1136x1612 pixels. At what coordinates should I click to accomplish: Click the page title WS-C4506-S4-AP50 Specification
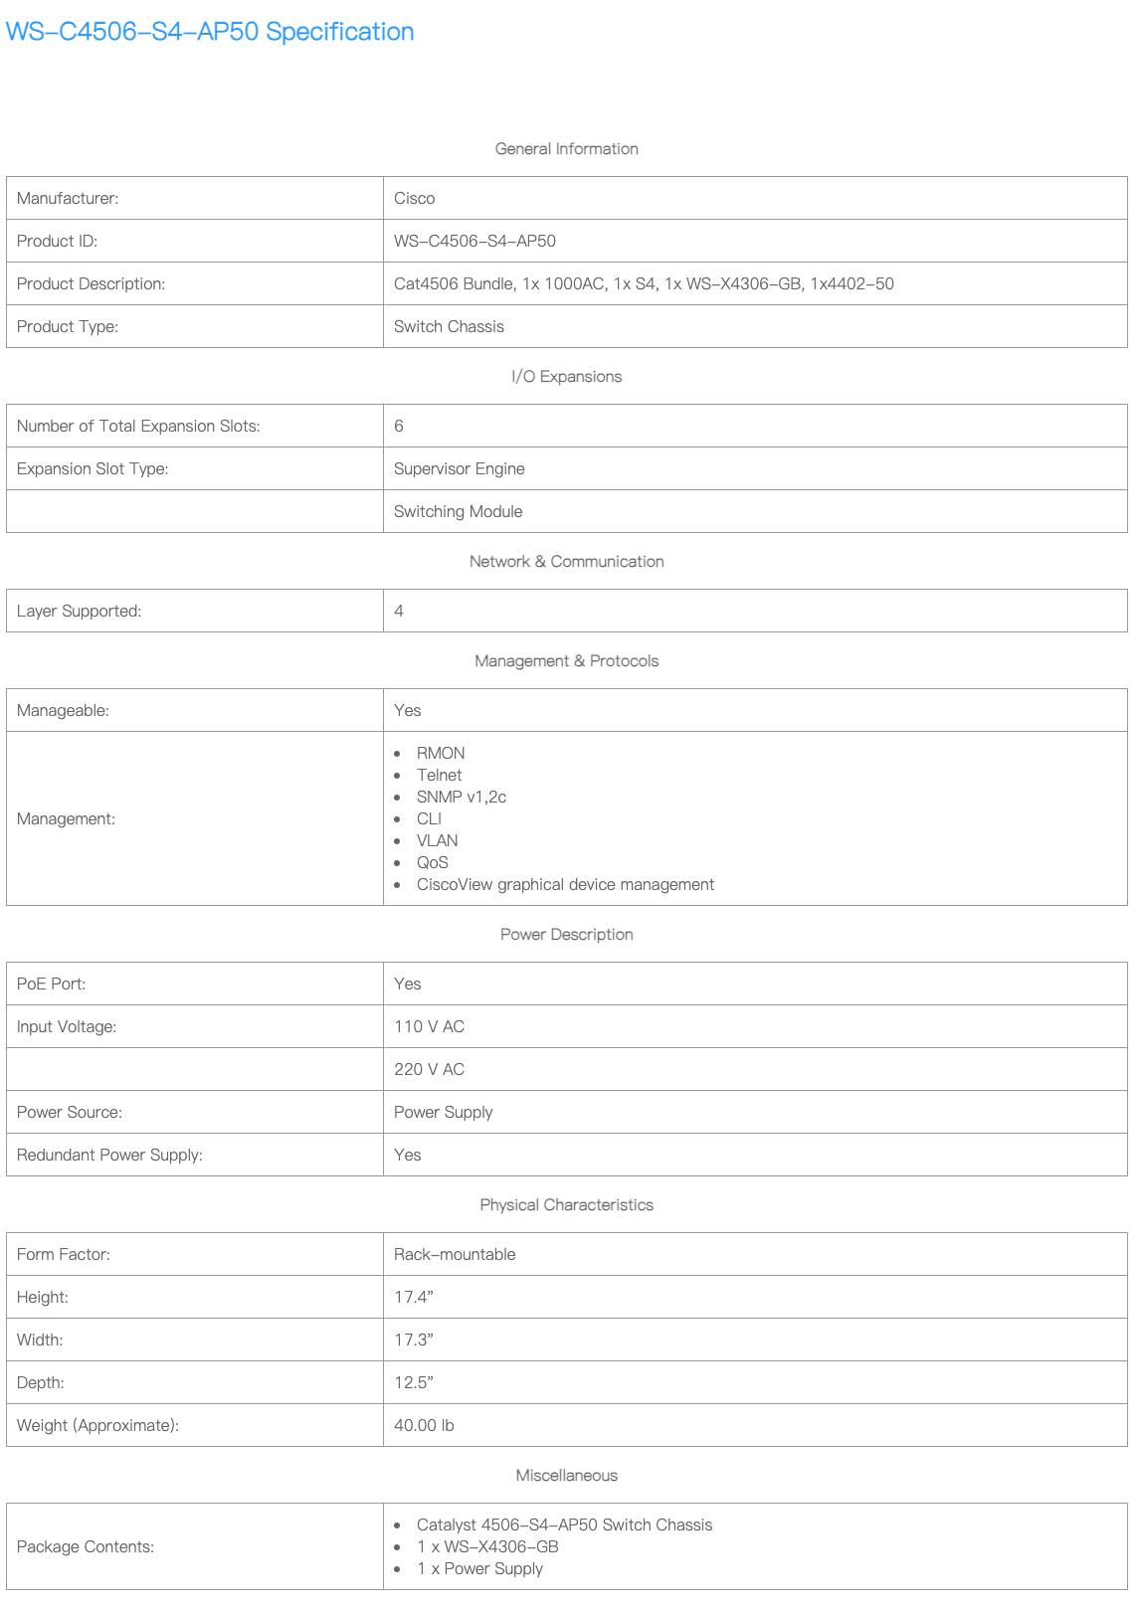[210, 32]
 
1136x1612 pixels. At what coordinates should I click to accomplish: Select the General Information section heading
[566, 149]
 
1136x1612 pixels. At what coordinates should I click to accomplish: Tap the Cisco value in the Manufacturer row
[415, 199]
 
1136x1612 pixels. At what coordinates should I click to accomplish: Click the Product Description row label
[91, 284]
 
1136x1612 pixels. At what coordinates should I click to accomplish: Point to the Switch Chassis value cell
[449, 327]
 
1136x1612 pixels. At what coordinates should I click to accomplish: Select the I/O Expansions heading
[566, 377]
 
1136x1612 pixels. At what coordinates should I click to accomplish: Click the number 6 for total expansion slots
[399, 427]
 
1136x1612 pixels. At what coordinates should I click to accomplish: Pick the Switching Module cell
[458, 512]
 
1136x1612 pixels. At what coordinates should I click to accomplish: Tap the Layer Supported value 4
[399, 612]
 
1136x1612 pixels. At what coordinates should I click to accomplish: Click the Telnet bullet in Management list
[439, 776]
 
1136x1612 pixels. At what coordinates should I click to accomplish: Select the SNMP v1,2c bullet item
[461, 798]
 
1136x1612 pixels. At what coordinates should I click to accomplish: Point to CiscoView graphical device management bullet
[565, 885]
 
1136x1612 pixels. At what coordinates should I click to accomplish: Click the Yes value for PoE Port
[407, 985]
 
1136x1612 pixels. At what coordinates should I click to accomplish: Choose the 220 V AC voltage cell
[429, 1070]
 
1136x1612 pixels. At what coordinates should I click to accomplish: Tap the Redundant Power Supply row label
[109, 1156]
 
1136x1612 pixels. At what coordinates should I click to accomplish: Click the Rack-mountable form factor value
[455, 1255]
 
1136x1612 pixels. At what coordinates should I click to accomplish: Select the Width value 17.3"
[414, 1341]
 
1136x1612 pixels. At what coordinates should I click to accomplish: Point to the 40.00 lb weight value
[424, 1426]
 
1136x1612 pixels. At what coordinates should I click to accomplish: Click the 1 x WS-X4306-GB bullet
[487, 1547]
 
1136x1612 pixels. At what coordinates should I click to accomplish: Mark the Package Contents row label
[86, 1547]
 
